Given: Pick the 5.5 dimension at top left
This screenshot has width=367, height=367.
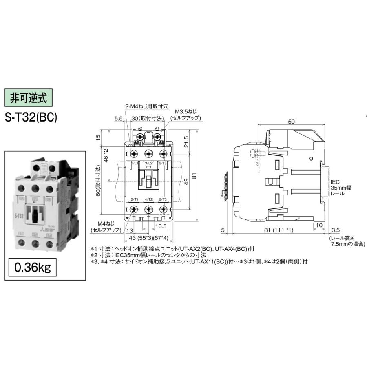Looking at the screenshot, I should coord(118,118).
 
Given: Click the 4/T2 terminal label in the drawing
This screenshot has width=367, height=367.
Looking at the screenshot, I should coord(148,199).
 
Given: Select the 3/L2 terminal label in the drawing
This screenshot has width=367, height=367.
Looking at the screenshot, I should coord(148,164).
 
